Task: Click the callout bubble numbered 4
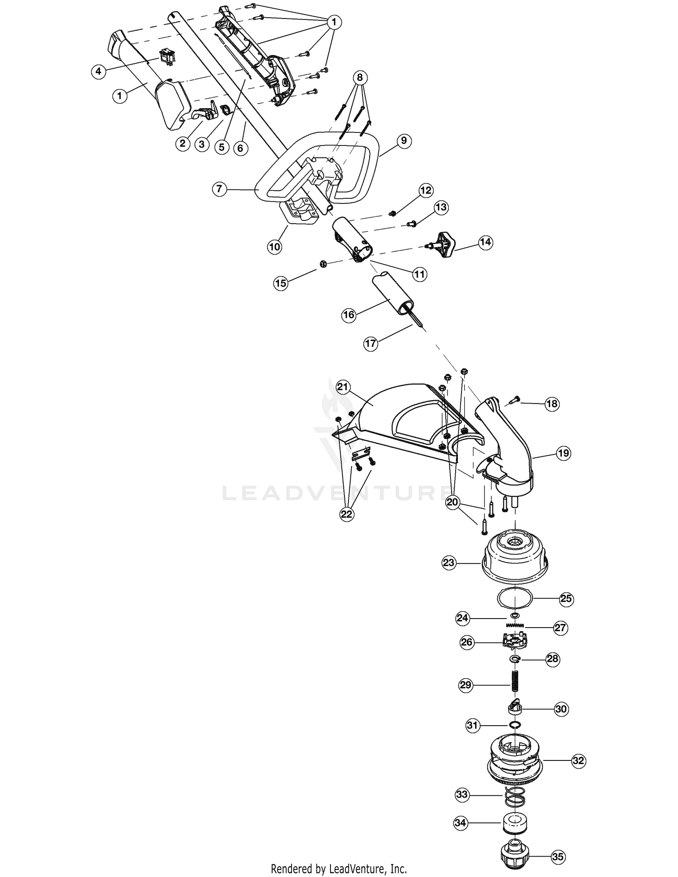(99, 71)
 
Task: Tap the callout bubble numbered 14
(485, 242)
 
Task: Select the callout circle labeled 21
(344, 387)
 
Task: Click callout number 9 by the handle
(404, 141)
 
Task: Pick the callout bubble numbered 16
(349, 314)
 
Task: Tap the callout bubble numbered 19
(564, 453)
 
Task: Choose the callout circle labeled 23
(449, 563)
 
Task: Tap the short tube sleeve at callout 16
(392, 294)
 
